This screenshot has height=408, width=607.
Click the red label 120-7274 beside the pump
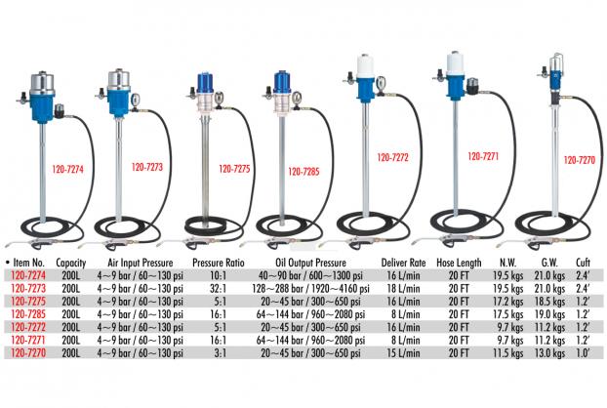click(x=67, y=169)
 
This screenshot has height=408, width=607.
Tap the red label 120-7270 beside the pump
click(x=579, y=160)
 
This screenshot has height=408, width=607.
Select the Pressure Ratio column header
click(x=219, y=263)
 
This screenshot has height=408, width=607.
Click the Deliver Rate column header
click(x=403, y=263)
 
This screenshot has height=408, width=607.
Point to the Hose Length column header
click(x=459, y=263)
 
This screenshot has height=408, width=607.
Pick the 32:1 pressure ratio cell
click(x=219, y=288)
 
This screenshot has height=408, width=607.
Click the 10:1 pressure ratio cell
click(x=219, y=275)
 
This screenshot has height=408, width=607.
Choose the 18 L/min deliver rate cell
click(x=403, y=288)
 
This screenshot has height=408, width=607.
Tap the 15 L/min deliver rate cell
click(x=403, y=353)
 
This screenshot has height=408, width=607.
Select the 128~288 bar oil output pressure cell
click(x=310, y=288)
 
